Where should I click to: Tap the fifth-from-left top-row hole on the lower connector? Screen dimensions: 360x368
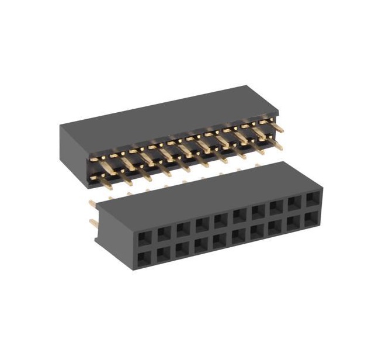coord(220,221)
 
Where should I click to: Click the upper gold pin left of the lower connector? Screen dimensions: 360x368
coord(93,203)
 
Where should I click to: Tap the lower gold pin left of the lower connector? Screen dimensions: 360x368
coord(93,223)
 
